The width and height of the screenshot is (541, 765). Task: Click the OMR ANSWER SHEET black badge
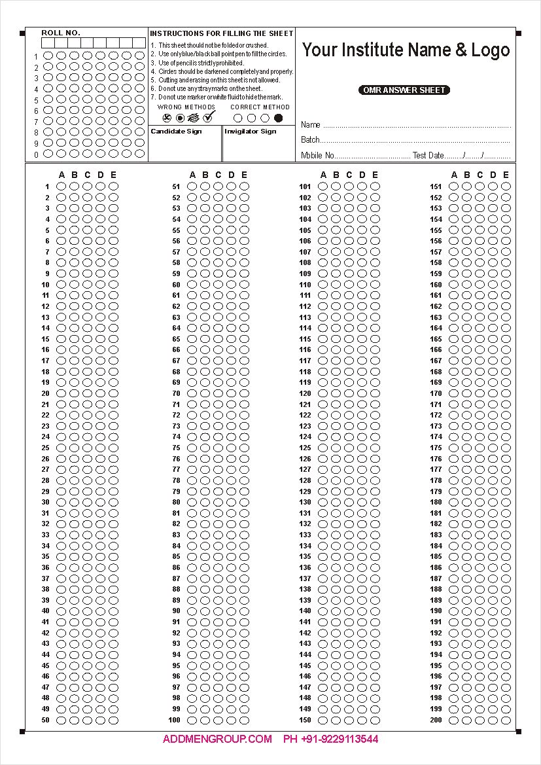[404, 90]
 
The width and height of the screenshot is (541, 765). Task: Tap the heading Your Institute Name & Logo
[406, 50]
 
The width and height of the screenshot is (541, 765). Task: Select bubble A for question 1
[61, 187]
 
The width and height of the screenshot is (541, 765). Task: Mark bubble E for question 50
[114, 720]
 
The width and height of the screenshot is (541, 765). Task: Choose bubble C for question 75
[218, 448]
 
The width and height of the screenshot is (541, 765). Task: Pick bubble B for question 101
[336, 187]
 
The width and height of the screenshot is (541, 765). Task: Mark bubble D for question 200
[493, 720]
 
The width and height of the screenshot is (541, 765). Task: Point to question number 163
[436, 317]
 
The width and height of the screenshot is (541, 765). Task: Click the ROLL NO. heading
[61, 33]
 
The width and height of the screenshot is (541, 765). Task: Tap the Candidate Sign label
[176, 132]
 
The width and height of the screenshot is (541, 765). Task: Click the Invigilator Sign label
[251, 132]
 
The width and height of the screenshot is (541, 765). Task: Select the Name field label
[311, 124]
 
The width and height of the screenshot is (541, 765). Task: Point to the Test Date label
[428, 156]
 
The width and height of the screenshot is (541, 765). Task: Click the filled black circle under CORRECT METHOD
[279, 118]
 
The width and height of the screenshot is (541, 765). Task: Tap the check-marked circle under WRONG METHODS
[209, 118]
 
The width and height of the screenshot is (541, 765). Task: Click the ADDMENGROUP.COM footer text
[217, 739]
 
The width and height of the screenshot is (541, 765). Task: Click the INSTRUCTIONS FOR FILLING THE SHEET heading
[222, 33]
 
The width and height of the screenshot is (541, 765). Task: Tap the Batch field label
[310, 139]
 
